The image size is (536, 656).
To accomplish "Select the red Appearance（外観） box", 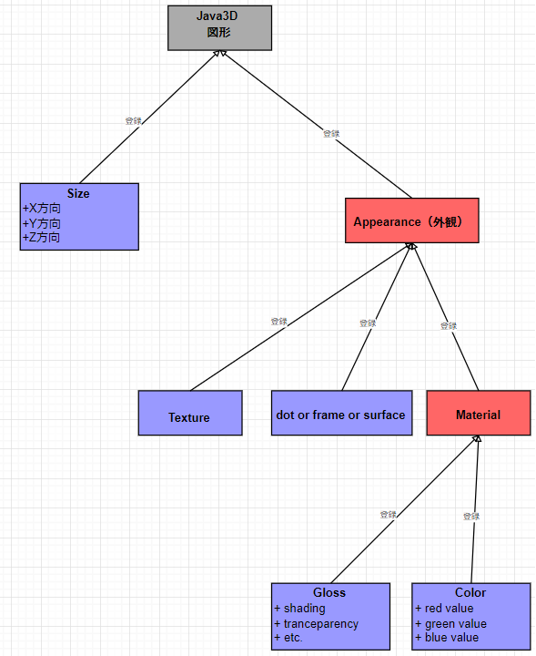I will coord(412,220).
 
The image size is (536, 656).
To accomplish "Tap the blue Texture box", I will coord(189,414).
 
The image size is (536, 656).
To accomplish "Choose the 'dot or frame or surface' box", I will coord(340,414).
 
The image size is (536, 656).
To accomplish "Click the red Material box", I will coord(478,414).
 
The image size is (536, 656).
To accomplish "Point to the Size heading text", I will coord(78,193).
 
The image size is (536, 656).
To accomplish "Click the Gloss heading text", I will coord(329,592).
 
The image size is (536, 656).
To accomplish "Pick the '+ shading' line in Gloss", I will coord(299,608).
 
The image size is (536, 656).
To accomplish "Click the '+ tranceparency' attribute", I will coord(316,623).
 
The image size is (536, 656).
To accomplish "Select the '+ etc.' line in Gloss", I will coord(288,638).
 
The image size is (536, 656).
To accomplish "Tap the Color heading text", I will coord(470,592).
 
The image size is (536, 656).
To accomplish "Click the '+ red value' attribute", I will coord(445,608).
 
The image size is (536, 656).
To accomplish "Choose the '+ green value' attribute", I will coord(450,623).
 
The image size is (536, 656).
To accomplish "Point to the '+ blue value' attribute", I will coord(447,638).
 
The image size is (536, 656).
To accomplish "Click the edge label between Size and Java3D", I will coord(133,120).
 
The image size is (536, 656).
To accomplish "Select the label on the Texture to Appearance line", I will coord(278,322).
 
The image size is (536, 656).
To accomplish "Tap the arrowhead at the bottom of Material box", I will coord(477,440).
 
